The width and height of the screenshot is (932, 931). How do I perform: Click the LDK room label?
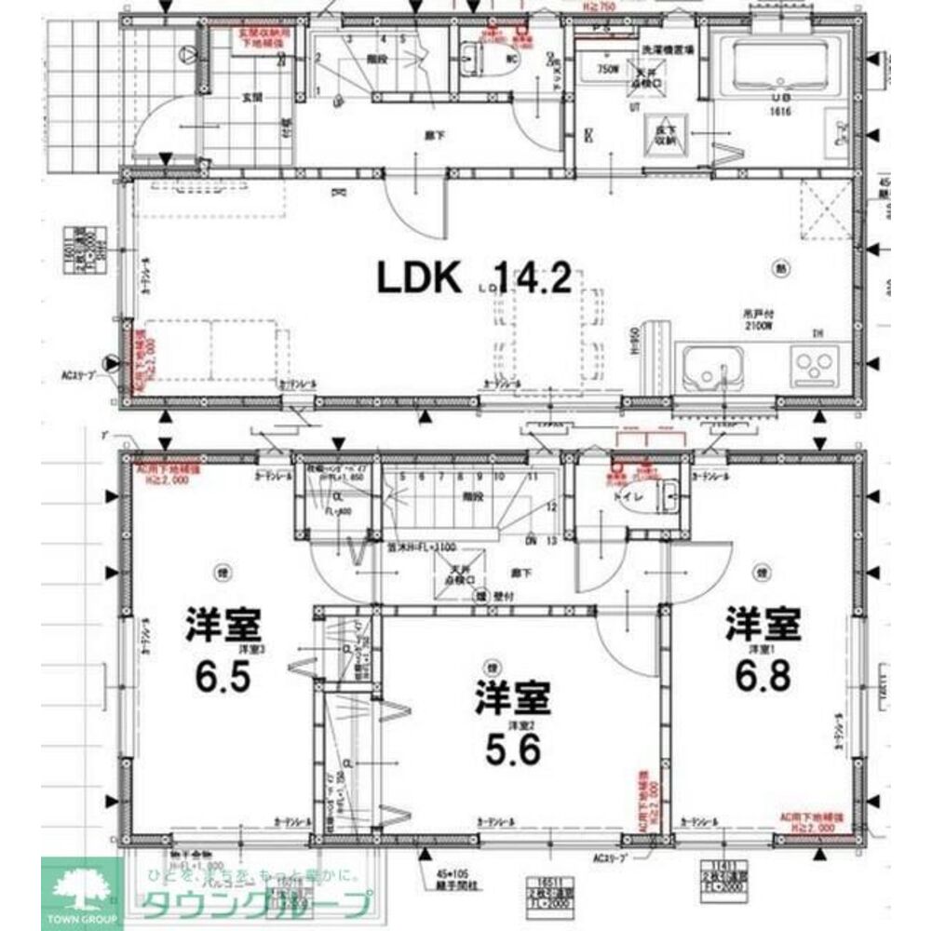[x=419, y=278]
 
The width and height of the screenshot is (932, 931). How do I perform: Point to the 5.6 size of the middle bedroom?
[x=512, y=750]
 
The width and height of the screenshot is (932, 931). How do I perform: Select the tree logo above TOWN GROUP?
[x=82, y=886]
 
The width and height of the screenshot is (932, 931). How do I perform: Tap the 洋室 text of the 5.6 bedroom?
[x=512, y=696]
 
